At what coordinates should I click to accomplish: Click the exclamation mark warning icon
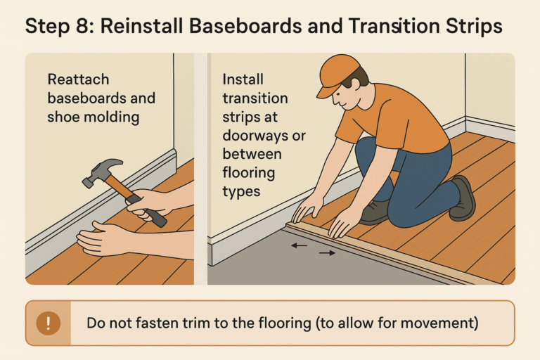[49, 323]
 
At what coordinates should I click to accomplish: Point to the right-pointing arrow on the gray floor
[327, 252]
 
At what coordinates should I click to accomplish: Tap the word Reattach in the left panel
[78, 79]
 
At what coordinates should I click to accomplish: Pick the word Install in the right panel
[244, 79]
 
